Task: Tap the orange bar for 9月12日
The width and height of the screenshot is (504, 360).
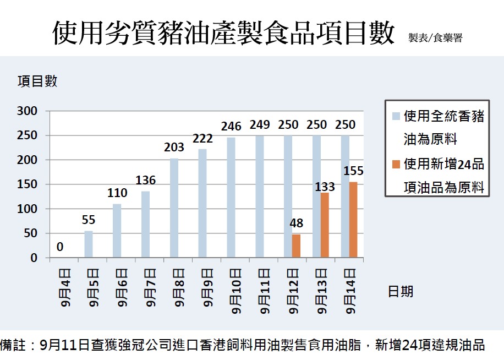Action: tap(297, 246)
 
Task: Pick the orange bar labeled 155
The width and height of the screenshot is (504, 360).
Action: tap(353, 220)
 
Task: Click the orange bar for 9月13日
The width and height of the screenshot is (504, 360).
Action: tap(325, 225)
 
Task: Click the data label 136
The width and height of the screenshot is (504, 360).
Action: tap(146, 180)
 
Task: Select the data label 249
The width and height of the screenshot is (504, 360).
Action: tap(260, 125)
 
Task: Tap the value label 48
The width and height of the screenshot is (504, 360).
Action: tap(297, 224)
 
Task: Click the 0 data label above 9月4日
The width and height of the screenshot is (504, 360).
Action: tap(60, 247)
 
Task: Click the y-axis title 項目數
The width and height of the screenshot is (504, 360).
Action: tap(37, 81)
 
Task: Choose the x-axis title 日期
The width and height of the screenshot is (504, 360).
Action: tap(401, 291)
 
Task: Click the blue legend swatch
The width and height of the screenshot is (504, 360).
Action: tap(396, 117)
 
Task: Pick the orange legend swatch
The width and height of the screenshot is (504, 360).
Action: tap(396, 164)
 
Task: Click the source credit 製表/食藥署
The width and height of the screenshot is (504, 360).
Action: tap(435, 38)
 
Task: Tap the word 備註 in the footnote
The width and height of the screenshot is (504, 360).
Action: tap(13, 345)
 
